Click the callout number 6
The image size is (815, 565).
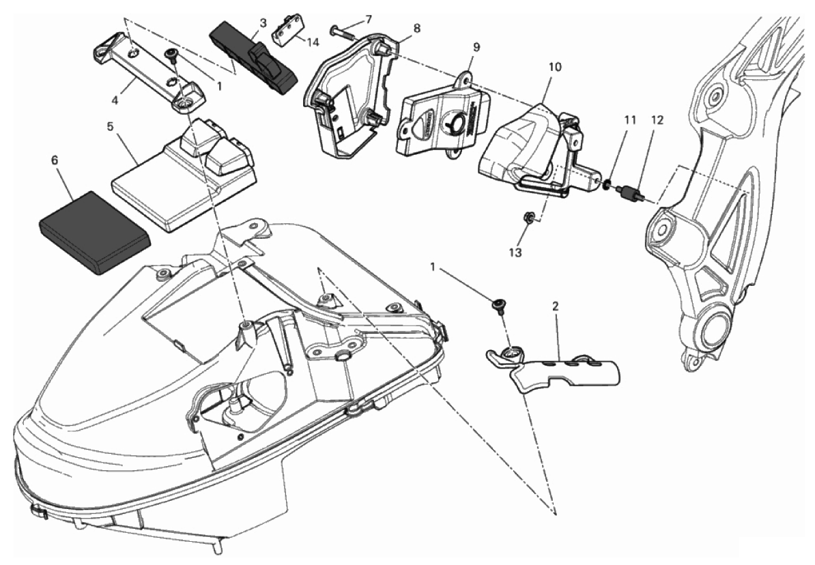click(x=55, y=160)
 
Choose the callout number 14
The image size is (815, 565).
click(x=313, y=42)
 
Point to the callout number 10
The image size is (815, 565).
click(x=554, y=67)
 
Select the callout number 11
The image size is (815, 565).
click(x=630, y=119)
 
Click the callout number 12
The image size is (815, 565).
click(x=657, y=120)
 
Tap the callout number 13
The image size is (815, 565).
click(x=515, y=252)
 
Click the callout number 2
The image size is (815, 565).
click(x=556, y=306)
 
